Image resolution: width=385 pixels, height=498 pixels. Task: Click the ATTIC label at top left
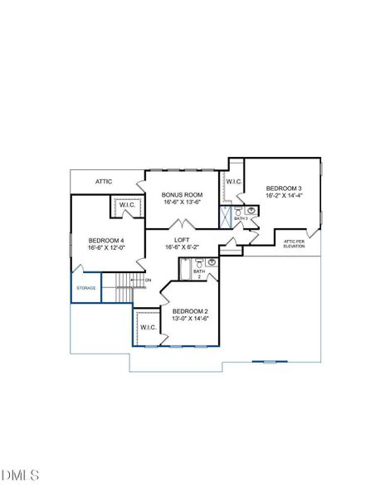[104, 181]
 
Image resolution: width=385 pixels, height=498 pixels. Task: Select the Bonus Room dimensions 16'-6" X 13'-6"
[182, 202]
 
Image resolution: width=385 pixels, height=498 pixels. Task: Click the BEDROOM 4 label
[105, 241]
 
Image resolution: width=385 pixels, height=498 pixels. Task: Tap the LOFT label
[182, 239]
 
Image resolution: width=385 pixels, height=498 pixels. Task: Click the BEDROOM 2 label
[190, 310]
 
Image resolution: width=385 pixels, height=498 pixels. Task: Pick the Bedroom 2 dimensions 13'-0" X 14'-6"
[190, 319]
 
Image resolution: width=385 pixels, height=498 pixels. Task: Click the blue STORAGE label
[86, 288]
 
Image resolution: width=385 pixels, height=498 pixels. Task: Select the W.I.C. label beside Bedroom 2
[149, 327]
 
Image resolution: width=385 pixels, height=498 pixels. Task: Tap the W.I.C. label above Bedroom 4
[127, 205]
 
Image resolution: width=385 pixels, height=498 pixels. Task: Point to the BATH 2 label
[199, 274]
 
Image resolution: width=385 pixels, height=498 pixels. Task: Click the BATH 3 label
[241, 219]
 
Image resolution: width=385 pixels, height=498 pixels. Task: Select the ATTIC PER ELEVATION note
[295, 244]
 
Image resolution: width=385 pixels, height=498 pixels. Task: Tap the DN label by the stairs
[148, 280]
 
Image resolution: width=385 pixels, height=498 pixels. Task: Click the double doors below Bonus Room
[182, 224]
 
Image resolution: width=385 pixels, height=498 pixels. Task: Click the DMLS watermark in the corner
[21, 475]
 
